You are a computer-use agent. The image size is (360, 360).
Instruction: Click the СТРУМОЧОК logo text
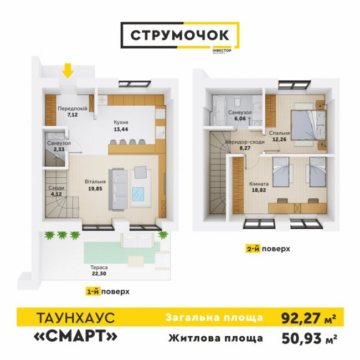coord(180,35)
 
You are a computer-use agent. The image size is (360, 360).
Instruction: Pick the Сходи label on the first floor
coord(56,188)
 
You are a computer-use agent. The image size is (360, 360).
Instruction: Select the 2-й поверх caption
coord(268,249)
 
